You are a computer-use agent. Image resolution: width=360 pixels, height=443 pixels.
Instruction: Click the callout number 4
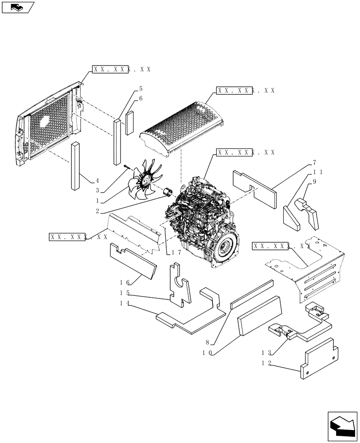pos(97,181)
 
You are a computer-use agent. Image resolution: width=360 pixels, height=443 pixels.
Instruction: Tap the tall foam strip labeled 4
pos(74,166)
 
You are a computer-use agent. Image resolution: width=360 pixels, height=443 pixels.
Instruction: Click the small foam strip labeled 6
pos(129,122)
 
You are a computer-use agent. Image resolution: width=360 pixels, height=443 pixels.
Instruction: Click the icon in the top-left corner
pos(18,7)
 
